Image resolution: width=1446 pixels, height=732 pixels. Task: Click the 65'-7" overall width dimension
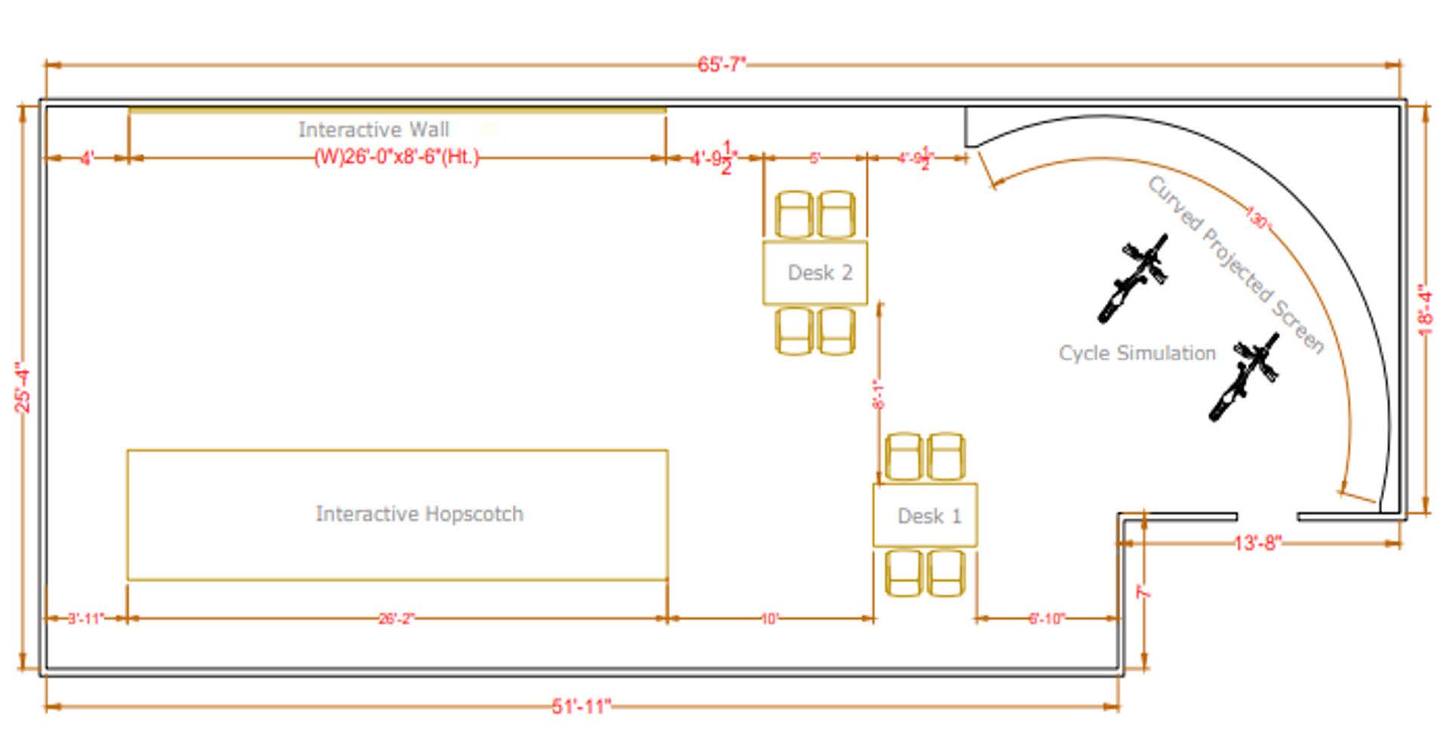pyautogui.click(x=721, y=64)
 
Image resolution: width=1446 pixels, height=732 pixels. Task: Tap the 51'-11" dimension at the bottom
pyautogui.click(x=580, y=706)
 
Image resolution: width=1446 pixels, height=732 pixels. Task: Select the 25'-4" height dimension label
pyautogui.click(x=23, y=388)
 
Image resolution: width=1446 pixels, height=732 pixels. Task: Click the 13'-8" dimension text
pyautogui.click(x=1257, y=543)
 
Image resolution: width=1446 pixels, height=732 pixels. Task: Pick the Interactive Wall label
pyautogui.click(x=373, y=130)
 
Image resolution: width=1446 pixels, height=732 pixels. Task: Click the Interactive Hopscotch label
pyautogui.click(x=419, y=514)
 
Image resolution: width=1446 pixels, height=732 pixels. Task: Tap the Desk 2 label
pyautogui.click(x=819, y=272)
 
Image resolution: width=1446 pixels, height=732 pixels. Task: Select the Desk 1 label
pyautogui.click(x=929, y=516)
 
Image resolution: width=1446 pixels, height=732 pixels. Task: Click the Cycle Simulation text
pyautogui.click(x=1137, y=353)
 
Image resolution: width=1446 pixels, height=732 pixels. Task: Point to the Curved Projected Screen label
pyautogui.click(x=1236, y=264)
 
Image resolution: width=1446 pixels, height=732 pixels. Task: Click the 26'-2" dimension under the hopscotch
pyautogui.click(x=396, y=619)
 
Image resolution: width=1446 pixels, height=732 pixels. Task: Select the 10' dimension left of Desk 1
pyautogui.click(x=769, y=619)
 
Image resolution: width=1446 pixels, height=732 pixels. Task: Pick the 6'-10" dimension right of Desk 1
pyautogui.click(x=1046, y=619)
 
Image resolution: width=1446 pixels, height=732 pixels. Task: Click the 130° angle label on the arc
pyautogui.click(x=1257, y=219)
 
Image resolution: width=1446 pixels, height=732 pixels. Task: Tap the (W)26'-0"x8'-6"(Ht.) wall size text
pyautogui.click(x=396, y=158)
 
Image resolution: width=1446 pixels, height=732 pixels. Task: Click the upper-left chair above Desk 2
pyautogui.click(x=794, y=214)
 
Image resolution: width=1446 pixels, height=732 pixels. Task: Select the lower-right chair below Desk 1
pyautogui.click(x=946, y=573)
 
